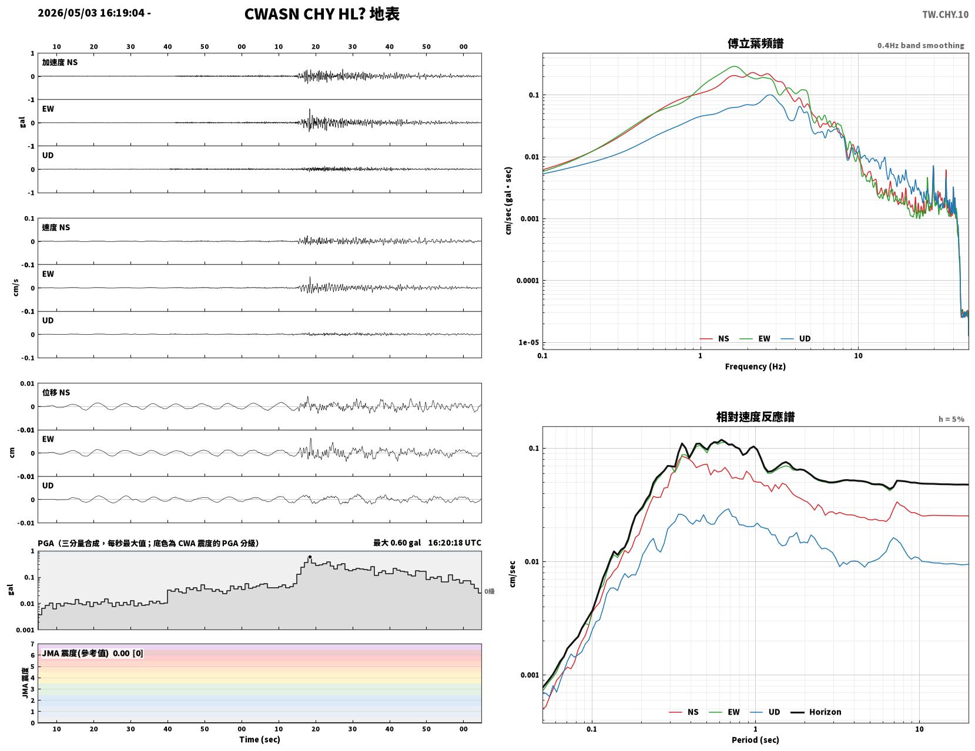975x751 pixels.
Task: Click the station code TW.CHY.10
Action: (945, 14)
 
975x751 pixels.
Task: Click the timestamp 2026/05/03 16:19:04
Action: (91, 13)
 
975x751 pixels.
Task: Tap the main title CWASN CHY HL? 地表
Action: (321, 14)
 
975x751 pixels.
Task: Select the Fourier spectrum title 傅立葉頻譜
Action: (755, 43)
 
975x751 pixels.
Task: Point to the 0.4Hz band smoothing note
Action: (920, 45)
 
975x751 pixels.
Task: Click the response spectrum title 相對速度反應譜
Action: (755, 417)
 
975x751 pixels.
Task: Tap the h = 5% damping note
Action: (951, 419)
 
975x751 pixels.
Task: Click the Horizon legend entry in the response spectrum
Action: (815, 712)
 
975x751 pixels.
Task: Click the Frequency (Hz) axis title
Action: (755, 366)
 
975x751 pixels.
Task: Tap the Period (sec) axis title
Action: (755, 739)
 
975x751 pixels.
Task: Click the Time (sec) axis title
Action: (259, 739)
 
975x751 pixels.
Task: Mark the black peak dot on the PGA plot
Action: (310, 557)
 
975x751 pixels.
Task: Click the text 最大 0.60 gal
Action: (397, 543)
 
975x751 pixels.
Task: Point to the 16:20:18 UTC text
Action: (454, 543)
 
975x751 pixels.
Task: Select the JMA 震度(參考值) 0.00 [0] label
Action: (92, 653)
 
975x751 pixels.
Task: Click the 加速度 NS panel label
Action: (60, 62)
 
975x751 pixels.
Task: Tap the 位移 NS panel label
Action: (56, 392)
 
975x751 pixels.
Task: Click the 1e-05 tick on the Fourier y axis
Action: (528, 342)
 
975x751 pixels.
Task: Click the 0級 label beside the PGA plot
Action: (489, 591)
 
